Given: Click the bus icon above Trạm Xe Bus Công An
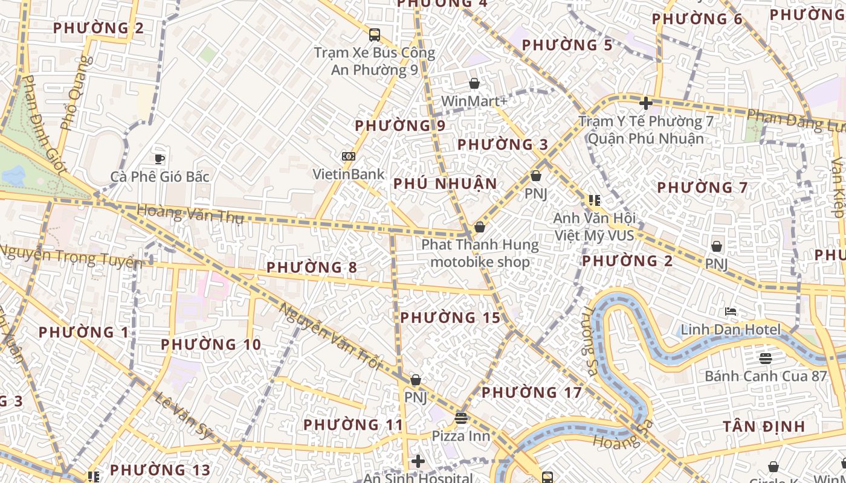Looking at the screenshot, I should pyautogui.click(x=375, y=34).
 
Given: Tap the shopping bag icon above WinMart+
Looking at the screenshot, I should pyautogui.click(x=474, y=83).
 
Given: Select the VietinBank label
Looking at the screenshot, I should pyautogui.click(x=348, y=174).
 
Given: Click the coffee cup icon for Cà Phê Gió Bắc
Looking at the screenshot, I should pyautogui.click(x=160, y=159).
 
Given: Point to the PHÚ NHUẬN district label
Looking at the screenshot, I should pyautogui.click(x=445, y=184).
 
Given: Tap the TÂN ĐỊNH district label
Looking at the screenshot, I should pyautogui.click(x=764, y=427).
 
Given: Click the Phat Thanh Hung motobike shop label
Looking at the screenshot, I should pyautogui.click(x=480, y=253).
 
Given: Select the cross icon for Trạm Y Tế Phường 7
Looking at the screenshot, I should pyautogui.click(x=645, y=103).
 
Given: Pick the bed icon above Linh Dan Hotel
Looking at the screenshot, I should pyautogui.click(x=731, y=312).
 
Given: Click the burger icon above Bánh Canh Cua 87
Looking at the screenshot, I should pyautogui.click(x=765, y=359).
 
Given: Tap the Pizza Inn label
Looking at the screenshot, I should pyautogui.click(x=460, y=435).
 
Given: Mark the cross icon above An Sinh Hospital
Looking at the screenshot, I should pyautogui.click(x=418, y=462).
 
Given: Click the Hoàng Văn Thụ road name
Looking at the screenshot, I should pyautogui.click(x=190, y=214).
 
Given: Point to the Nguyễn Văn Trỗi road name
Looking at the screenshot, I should pyautogui.click(x=331, y=337).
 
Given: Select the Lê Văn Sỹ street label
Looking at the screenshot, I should pyautogui.click(x=184, y=415).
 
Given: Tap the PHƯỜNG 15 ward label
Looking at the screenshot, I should pyautogui.click(x=450, y=318).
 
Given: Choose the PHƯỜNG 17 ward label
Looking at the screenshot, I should pyautogui.click(x=531, y=392).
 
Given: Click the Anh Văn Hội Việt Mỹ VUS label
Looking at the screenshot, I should pyautogui.click(x=594, y=226).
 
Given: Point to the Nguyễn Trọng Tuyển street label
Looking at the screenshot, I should pyautogui.click(x=71, y=257).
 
